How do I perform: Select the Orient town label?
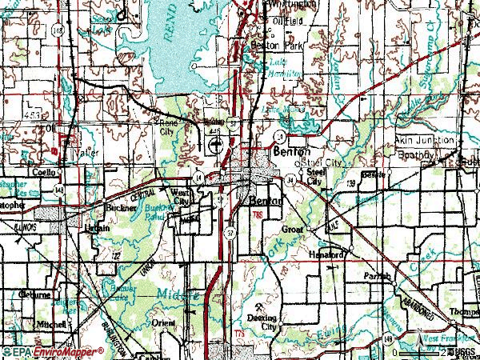[x=162, y=323]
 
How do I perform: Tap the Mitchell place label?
[x=51, y=324]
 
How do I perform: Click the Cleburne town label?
[x=38, y=294]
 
